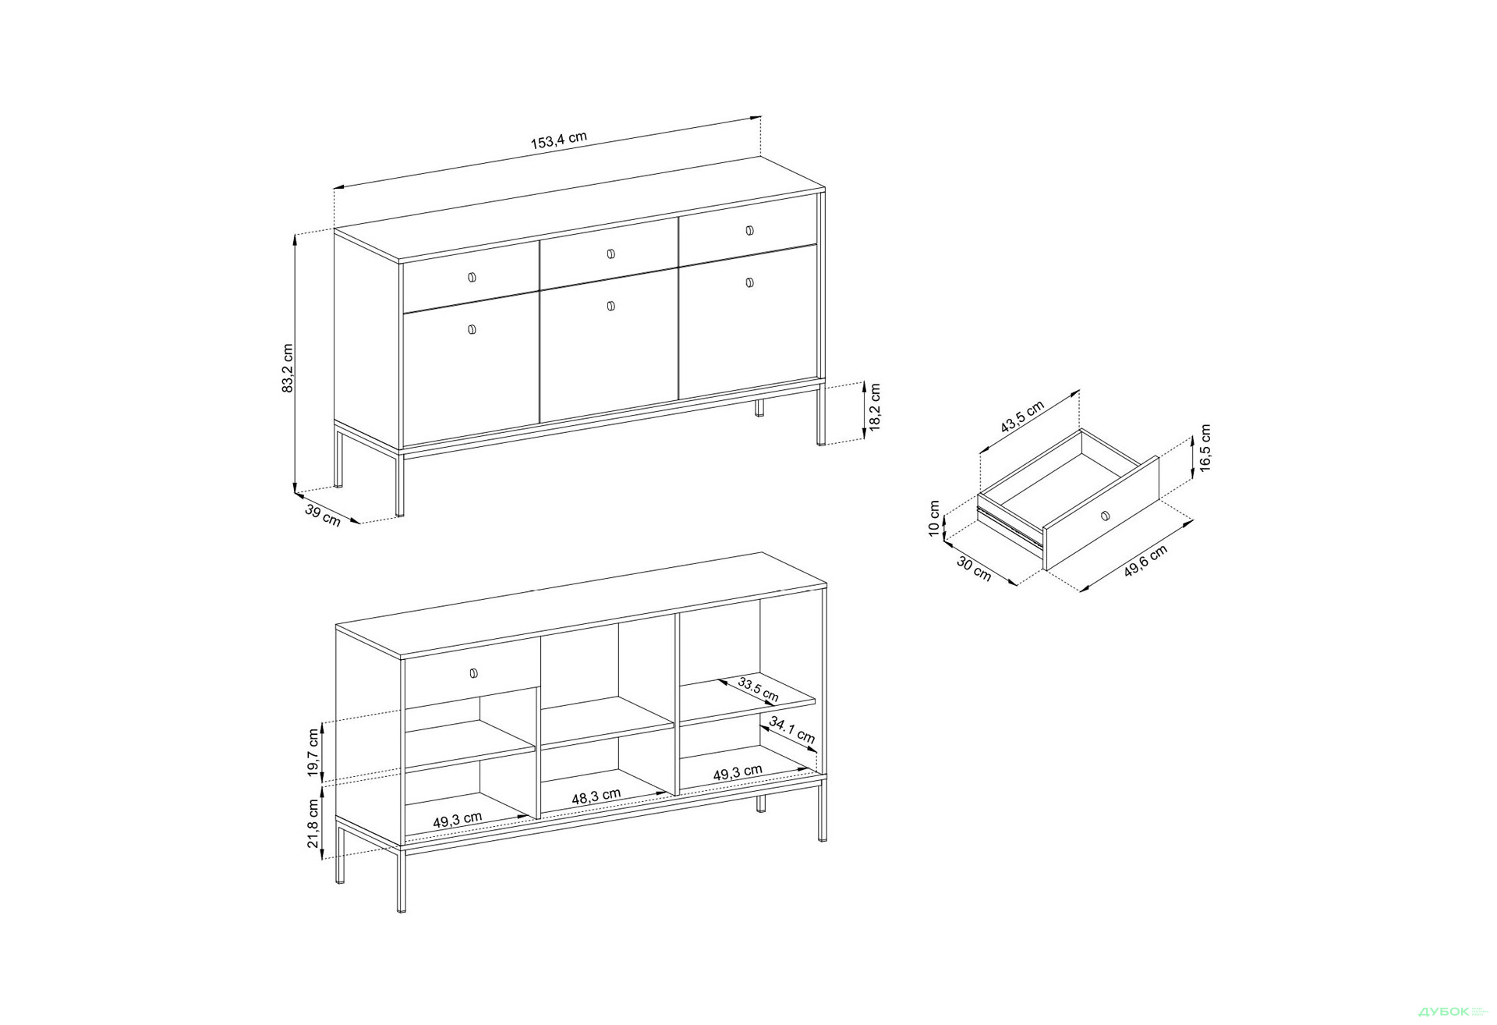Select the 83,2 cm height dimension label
[288, 367]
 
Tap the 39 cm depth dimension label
[323, 515]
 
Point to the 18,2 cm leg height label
[875, 406]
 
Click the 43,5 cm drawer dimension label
[1022, 417]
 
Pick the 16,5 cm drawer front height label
[1205, 448]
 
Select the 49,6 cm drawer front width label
[1145, 561]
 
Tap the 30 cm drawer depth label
[974, 569]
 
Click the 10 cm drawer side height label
[934, 519]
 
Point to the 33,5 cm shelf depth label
[758, 689]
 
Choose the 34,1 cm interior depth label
[791, 729]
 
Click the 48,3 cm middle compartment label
[596, 796]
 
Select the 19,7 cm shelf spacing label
[313, 753]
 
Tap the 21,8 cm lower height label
[313, 823]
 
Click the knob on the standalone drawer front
[1104, 515]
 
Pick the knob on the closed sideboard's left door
[471, 330]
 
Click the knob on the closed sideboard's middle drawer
[610, 254]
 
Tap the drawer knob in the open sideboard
[473, 672]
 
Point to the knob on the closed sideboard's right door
[749, 282]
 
